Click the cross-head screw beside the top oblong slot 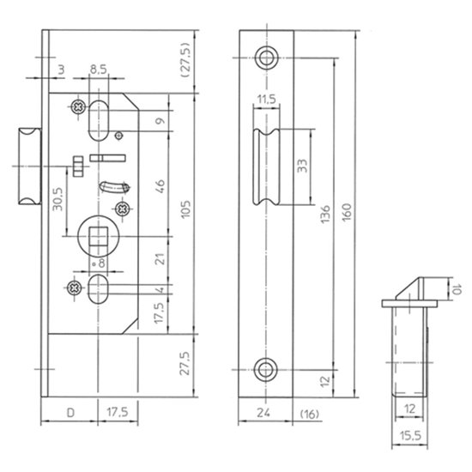(76, 106)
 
